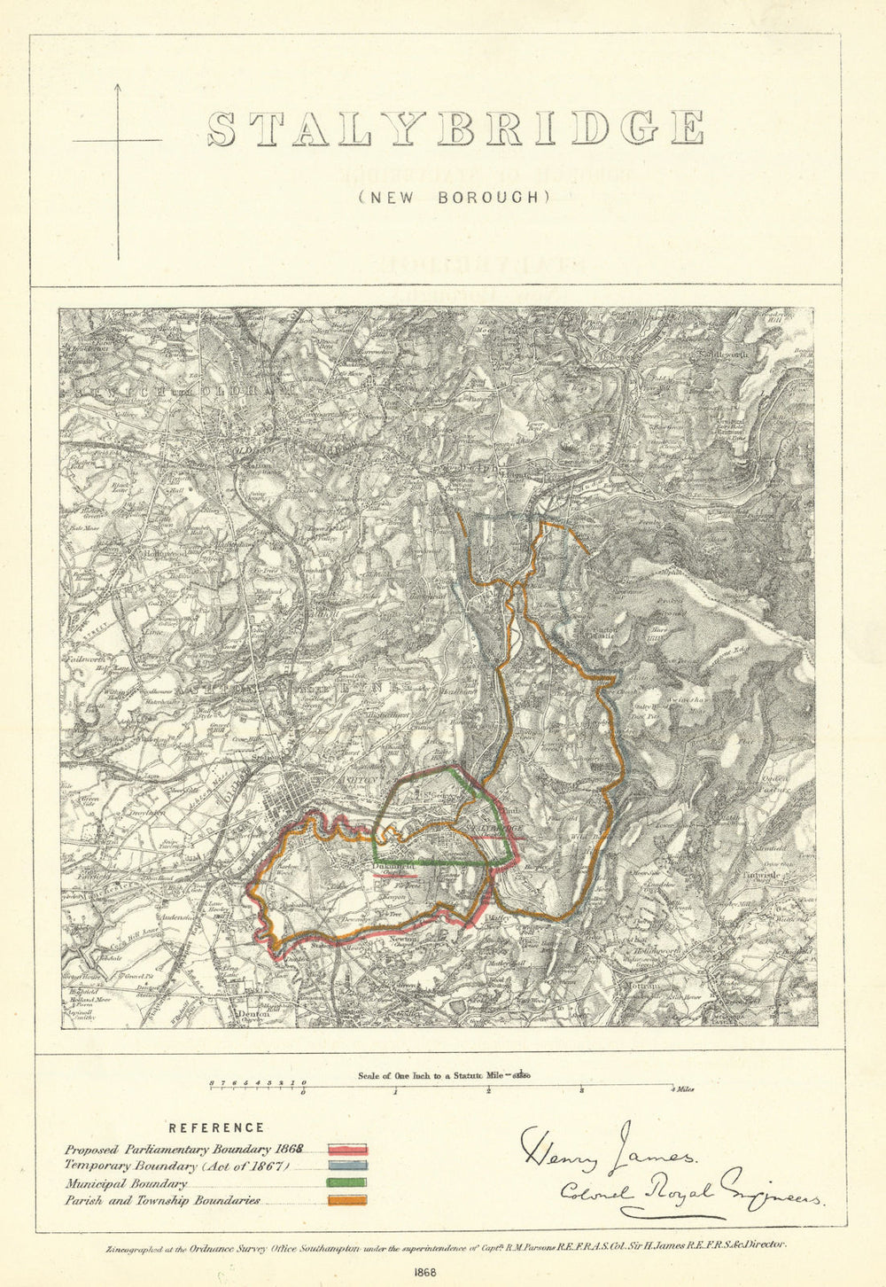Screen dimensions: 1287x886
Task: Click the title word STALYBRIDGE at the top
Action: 455,129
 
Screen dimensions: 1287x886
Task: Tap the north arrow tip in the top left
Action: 117,85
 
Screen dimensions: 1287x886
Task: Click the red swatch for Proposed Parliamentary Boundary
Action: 346,1150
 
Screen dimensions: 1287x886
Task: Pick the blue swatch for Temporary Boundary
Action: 346,1166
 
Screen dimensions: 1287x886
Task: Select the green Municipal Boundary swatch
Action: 346,1183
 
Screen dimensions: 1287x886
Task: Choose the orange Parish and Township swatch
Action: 346,1201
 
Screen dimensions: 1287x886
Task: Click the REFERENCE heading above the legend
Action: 216,1127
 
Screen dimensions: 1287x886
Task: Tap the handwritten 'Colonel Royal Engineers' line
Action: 691,1192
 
